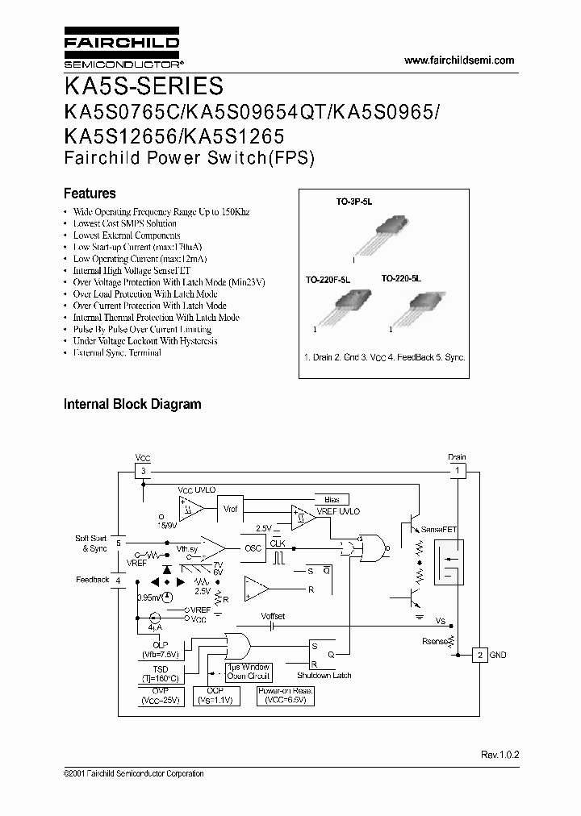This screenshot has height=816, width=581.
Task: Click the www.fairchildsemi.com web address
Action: coord(458,60)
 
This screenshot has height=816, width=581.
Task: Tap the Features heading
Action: coord(90,194)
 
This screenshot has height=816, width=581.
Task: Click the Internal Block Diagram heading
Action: coord(132,404)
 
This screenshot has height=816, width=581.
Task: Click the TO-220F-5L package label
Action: coord(327,279)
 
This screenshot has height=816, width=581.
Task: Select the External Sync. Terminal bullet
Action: coord(117,353)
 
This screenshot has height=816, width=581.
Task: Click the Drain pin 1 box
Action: coord(457,471)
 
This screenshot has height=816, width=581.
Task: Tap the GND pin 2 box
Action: coord(479,655)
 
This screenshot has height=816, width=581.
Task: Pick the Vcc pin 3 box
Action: coord(142,471)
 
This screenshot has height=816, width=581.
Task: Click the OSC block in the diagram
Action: coord(253,547)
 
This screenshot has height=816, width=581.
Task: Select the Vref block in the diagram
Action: coord(231,510)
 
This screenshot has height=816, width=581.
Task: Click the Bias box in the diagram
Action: coord(332,500)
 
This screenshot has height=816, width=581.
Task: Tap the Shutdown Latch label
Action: coord(324,675)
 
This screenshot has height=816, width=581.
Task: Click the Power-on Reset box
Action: coord(284,696)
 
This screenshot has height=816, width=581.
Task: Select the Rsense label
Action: coord(435,643)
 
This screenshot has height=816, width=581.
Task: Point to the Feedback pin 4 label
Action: coord(92,579)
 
